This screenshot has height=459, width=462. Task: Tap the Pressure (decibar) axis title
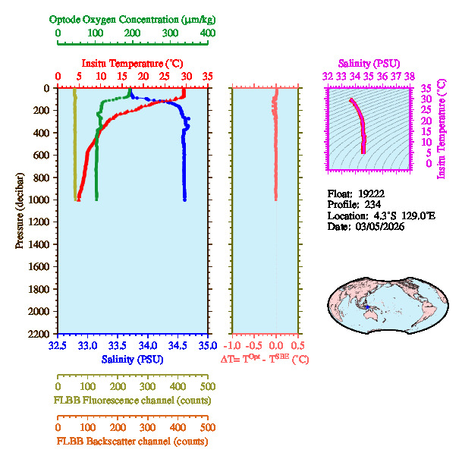click(20, 211)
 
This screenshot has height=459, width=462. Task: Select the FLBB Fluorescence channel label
click(133, 400)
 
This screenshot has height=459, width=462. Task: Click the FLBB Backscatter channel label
click(133, 441)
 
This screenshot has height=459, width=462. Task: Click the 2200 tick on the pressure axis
click(39, 334)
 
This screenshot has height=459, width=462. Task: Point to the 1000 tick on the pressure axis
click(39, 200)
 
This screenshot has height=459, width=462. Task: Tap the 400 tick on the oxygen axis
click(206, 33)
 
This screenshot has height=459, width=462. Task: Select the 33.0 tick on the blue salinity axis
click(87, 346)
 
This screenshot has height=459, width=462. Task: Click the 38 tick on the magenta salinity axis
click(410, 76)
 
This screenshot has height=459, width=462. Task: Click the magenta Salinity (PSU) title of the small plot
click(368, 63)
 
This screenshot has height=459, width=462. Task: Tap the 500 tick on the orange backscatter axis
click(206, 428)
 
